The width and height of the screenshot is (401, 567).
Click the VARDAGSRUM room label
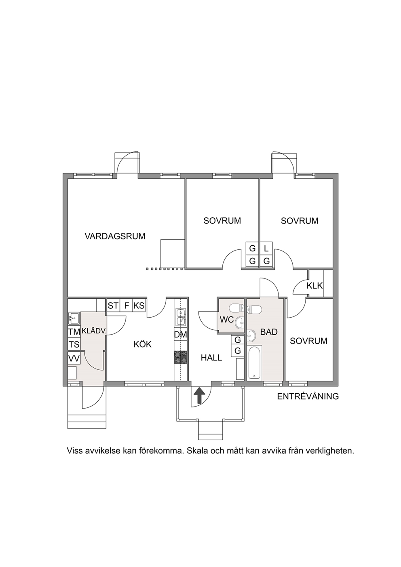(115, 236)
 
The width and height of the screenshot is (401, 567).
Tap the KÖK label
(143, 344)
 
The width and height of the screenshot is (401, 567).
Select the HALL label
(211, 358)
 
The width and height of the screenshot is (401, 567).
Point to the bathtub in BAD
(254, 363)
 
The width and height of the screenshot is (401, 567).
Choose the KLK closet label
(314, 286)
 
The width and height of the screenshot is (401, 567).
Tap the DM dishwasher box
(181, 335)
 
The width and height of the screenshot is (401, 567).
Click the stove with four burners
(181, 357)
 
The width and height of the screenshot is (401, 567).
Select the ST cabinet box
(113, 306)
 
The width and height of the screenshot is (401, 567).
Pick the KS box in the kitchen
(139, 306)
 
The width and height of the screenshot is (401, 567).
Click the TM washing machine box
(74, 332)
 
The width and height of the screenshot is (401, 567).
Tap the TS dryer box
(74, 344)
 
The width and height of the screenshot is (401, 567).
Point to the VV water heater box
(74, 358)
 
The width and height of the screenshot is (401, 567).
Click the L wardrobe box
(266, 248)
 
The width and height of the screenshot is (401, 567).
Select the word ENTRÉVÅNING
(308, 396)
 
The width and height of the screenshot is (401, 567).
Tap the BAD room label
(269, 332)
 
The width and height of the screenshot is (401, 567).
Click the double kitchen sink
(181, 317)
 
